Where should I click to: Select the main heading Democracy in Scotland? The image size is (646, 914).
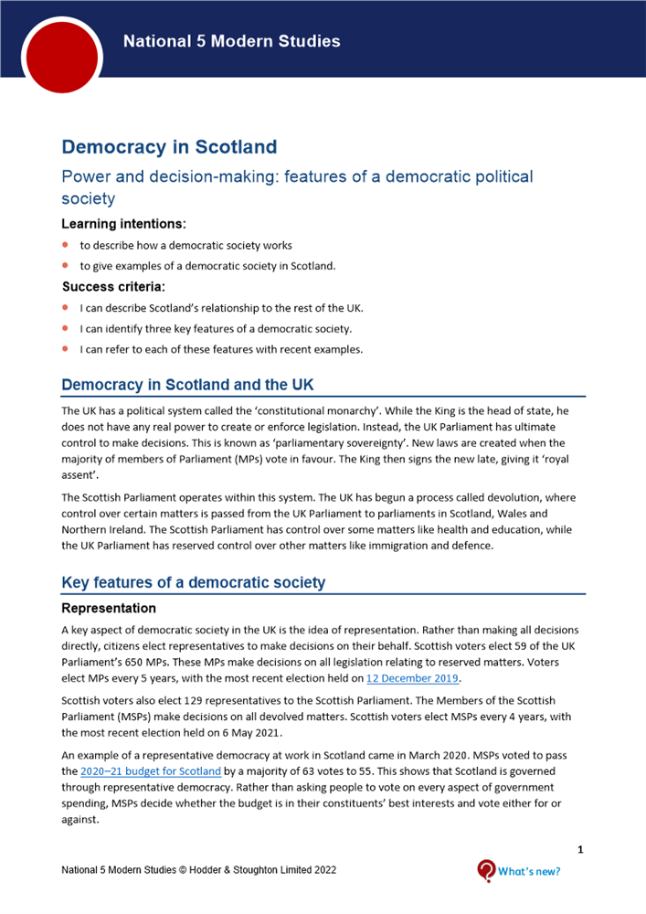169,147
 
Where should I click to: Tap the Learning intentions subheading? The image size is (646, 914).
123,223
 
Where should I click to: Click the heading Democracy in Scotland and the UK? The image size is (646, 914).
187,385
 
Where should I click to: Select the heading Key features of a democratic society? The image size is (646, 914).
193,582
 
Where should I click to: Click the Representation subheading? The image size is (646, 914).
109,608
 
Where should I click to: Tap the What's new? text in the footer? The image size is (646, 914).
529,871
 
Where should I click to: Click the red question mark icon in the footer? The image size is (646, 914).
487,871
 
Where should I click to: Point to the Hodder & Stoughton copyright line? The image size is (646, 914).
198,870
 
